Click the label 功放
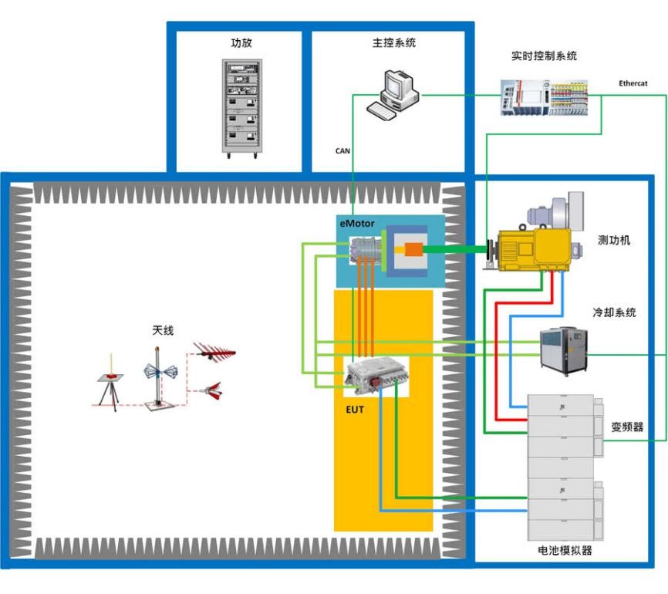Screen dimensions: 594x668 (x=241, y=43)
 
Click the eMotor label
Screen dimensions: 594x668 (x=357, y=224)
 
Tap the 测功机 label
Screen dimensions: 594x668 (x=614, y=240)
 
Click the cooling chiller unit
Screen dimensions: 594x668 (x=565, y=347)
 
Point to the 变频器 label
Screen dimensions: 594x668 (x=627, y=427)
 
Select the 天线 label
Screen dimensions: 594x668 (x=163, y=330)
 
